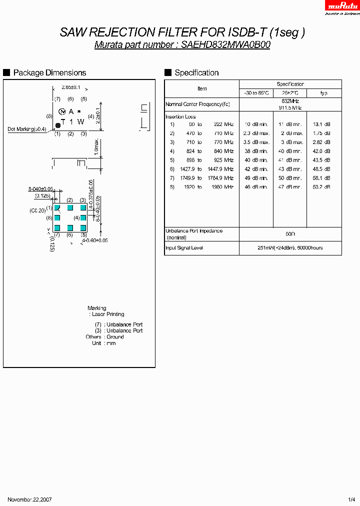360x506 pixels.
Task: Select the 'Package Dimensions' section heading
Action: [49, 73]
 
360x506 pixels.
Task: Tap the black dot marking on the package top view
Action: [58, 125]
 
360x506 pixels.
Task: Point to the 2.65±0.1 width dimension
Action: [71, 87]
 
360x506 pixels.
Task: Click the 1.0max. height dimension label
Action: [95, 148]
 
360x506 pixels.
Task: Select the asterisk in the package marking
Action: [79, 111]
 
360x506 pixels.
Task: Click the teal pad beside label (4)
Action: [83, 218]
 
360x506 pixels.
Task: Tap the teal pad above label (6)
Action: [70, 227]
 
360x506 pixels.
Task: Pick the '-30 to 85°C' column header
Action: [256, 93]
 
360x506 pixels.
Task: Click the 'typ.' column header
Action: [324, 93]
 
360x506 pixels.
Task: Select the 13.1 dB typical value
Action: [321, 124]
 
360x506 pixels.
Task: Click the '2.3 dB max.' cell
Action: [256, 133]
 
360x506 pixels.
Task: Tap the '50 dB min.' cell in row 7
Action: [290, 178]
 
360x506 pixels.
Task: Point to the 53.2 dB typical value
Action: [321, 187]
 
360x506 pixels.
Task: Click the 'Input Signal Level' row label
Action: [184, 248]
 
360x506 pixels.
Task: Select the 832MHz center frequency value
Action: [290, 101]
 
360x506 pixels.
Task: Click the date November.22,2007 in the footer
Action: [30, 499]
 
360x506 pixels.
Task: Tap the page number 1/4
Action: [351, 499]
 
